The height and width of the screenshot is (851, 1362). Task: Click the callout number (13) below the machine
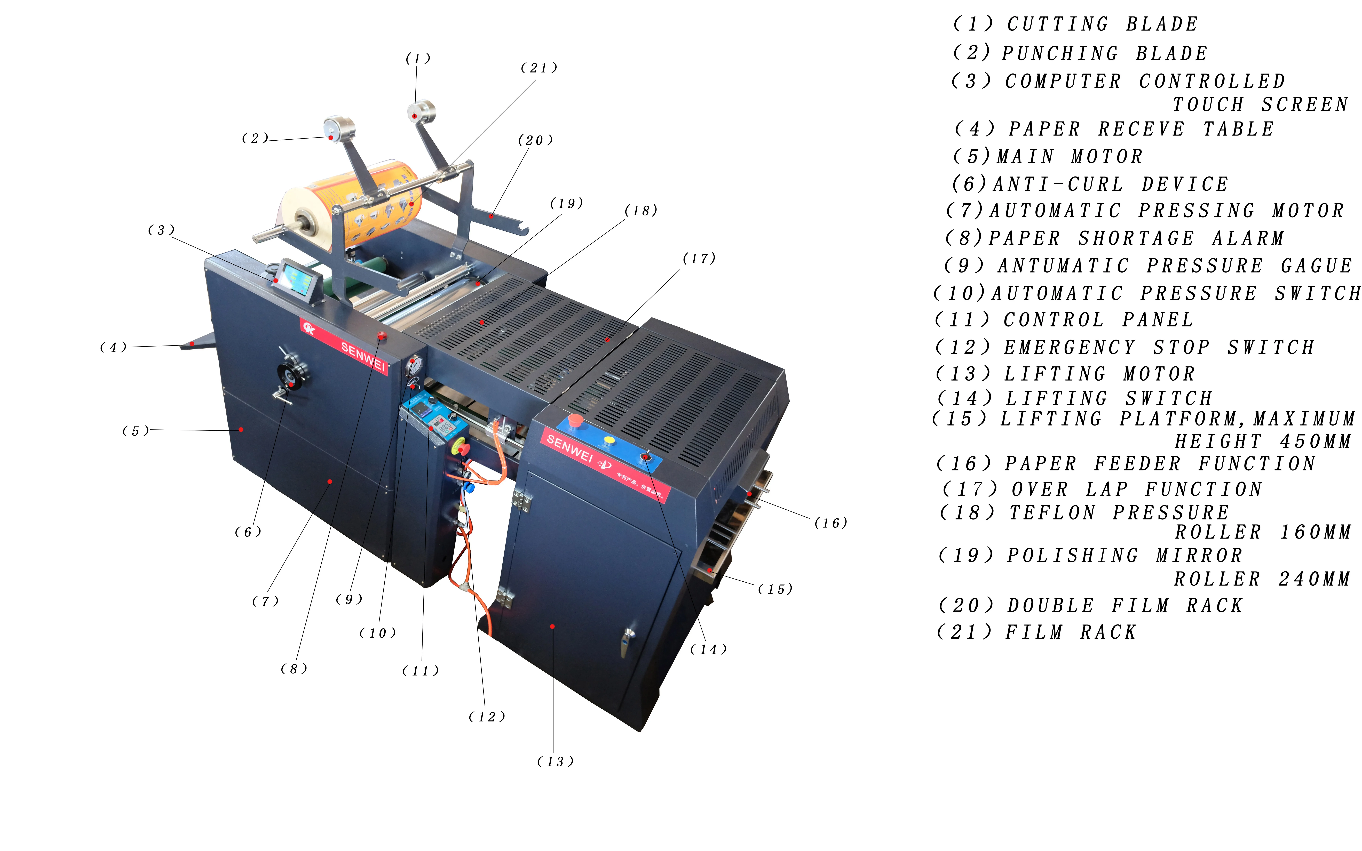point(555,761)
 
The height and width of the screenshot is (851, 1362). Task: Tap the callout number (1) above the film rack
point(418,59)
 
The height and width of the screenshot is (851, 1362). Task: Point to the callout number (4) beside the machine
point(113,347)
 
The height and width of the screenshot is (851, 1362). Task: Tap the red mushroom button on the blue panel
point(575,419)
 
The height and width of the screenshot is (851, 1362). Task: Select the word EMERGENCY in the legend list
point(1069,347)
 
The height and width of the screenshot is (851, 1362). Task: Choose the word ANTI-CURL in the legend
point(1058,184)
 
